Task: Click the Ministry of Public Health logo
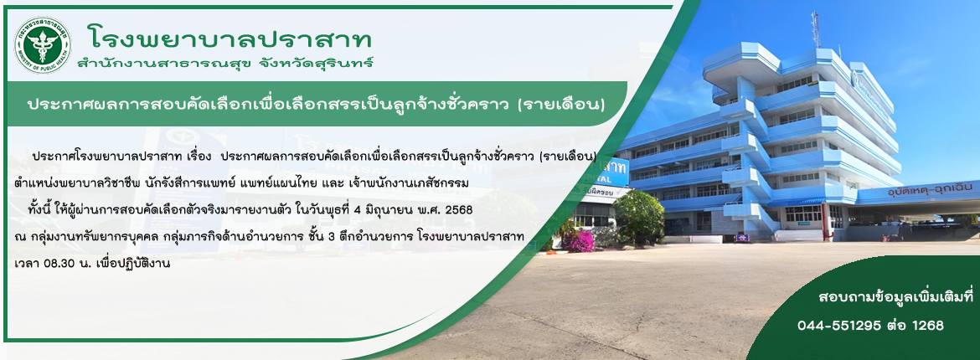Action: point(43,44)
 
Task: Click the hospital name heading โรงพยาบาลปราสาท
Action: point(230,40)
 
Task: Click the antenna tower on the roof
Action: point(816,29)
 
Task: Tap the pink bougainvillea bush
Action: point(580,240)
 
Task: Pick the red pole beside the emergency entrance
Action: point(826,221)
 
